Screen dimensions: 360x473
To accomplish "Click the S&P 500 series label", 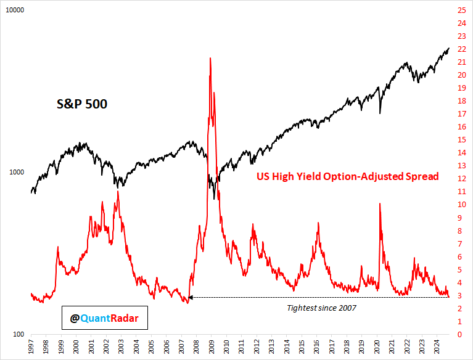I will [78, 104].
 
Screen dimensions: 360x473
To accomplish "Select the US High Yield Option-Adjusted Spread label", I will [347, 177].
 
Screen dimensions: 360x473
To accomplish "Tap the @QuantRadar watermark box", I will [104, 318].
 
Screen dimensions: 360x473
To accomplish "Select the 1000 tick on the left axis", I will [16, 173].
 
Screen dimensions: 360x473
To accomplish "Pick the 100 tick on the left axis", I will [18, 334].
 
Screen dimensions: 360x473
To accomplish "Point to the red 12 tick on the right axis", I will [461, 179].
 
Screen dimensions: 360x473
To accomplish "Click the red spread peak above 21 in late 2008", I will [211, 59].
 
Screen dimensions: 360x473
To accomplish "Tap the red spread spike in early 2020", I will [379, 204].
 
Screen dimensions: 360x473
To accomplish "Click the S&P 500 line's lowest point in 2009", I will [214, 198].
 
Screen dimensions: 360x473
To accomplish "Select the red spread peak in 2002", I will [117, 192].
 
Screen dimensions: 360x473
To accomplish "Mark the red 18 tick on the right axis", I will [461, 101].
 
